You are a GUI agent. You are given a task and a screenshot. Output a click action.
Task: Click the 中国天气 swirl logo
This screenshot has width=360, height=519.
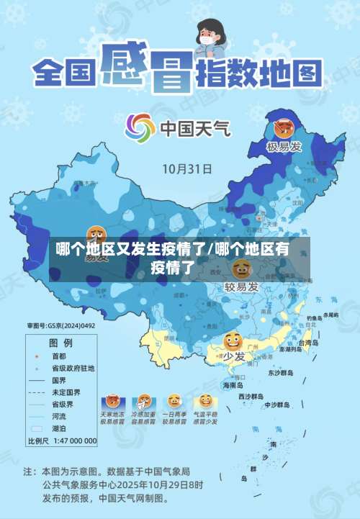[x=140, y=128]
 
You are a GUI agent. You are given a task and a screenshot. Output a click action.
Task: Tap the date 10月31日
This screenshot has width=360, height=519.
[x=186, y=169]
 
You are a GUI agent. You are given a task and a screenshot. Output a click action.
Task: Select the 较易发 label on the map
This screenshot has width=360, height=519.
[x=240, y=287]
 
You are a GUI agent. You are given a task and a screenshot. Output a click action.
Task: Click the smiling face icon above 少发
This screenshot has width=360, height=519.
[x=233, y=341]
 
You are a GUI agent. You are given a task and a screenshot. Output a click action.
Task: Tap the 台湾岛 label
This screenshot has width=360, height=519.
[x=307, y=343]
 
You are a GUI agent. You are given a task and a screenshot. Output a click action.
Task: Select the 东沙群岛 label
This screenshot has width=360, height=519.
[x=281, y=374]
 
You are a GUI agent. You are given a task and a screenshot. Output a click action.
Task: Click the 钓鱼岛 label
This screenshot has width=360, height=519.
[x=314, y=317]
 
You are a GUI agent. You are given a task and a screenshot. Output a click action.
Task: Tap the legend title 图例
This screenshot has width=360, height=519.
[x=60, y=342]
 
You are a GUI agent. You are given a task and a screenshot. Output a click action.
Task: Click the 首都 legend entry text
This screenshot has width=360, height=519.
[x=58, y=356]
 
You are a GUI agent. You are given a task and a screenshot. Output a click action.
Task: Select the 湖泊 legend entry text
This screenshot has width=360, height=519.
[x=58, y=428]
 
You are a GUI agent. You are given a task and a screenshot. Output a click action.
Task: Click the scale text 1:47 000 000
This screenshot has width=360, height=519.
[x=72, y=441]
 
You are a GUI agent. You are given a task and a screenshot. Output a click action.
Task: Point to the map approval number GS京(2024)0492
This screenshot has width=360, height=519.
[x=61, y=326]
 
